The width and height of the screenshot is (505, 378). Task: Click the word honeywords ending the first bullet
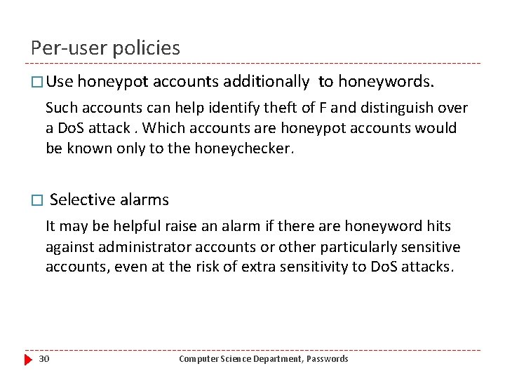[384, 82]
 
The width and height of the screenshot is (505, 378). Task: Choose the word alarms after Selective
[144, 199]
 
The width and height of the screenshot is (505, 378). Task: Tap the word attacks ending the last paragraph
[428, 267]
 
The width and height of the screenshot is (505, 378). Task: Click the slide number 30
[43, 359]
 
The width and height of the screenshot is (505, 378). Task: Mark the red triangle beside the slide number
[28, 359]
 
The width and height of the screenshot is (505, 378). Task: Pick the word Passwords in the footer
[326, 359]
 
